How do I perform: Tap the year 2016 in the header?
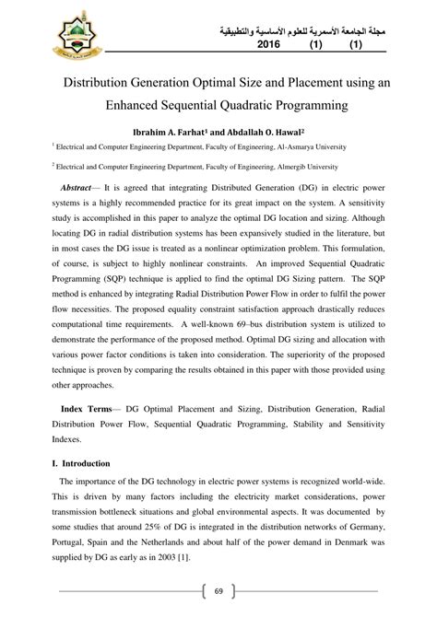coord(268,44)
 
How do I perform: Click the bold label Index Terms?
coord(89,407)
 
